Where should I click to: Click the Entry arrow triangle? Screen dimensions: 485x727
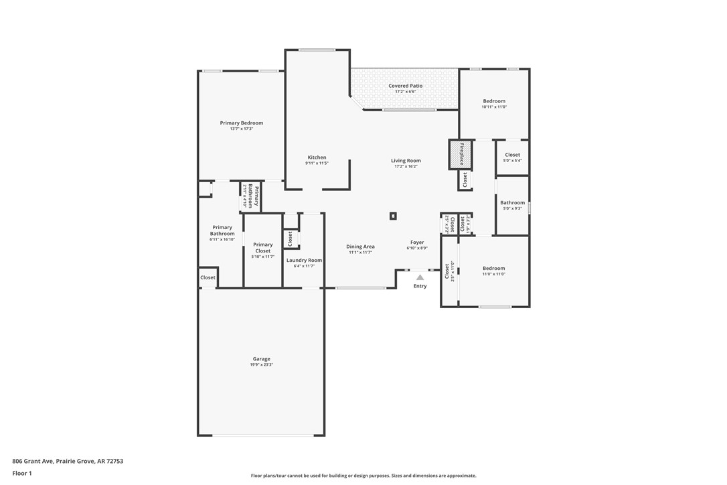click(x=420, y=277)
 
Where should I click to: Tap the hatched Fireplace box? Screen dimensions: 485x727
click(x=460, y=154)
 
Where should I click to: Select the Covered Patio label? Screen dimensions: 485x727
click(x=406, y=86)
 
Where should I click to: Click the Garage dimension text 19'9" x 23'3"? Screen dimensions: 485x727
click(x=261, y=364)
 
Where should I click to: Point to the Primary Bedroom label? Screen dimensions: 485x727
click(x=242, y=123)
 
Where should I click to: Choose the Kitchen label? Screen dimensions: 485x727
click(x=317, y=157)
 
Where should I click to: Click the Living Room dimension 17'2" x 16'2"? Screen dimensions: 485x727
click(x=406, y=166)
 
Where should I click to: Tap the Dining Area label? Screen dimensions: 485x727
click(x=360, y=247)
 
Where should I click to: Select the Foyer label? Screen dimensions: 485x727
click(x=417, y=242)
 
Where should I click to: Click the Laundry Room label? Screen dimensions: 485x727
click(x=304, y=260)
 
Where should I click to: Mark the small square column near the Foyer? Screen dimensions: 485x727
click(x=393, y=216)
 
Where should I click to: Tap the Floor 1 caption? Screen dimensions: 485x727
click(x=22, y=473)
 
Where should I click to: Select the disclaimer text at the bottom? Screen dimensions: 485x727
click(x=363, y=476)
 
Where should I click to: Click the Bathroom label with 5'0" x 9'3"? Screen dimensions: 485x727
click(x=512, y=202)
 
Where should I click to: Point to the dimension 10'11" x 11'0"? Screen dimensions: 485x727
click(x=494, y=107)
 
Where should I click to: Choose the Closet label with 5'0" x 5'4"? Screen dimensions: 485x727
click(x=512, y=155)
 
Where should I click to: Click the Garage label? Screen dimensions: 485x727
click(x=261, y=358)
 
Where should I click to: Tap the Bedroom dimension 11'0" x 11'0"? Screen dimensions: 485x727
click(x=494, y=273)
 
